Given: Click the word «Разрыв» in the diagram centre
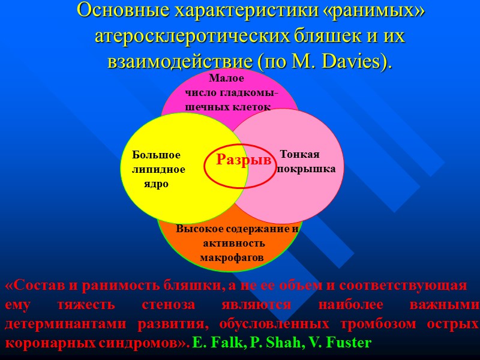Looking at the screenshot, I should coord(244,160).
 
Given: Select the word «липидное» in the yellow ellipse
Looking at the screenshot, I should coord(158,170).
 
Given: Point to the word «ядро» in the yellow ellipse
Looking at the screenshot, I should coord(157,184).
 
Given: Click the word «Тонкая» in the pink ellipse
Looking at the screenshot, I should coord(300,154).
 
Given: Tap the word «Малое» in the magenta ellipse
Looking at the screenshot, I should coord(226,79).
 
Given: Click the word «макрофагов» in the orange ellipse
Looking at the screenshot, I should coord(232,257).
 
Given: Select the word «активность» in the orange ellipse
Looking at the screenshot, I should coord(234,243).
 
